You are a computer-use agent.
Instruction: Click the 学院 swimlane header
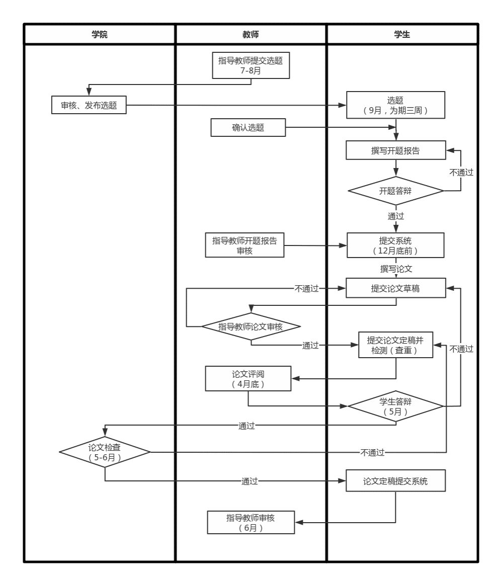click(100, 35)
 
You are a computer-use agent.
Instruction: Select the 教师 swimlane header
click(251, 35)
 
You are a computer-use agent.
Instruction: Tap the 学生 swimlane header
click(402, 35)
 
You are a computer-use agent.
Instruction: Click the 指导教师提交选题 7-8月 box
click(251, 66)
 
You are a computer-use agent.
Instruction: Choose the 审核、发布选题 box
click(89, 105)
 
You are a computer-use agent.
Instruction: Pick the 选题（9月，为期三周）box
click(395, 105)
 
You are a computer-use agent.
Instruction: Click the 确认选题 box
click(248, 128)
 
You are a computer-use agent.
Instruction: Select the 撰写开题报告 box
click(395, 150)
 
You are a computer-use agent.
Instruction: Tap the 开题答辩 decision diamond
click(395, 191)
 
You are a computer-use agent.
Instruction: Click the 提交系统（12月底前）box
click(395, 245)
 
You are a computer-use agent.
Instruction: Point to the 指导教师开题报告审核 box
click(244, 245)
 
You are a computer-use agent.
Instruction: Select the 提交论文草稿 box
click(395, 288)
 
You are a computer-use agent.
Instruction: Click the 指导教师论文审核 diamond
click(251, 326)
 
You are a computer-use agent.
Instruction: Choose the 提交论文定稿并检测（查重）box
click(395, 345)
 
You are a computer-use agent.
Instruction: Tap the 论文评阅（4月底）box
click(248, 379)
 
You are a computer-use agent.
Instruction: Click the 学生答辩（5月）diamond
click(395, 406)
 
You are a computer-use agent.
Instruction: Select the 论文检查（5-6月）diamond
click(105, 452)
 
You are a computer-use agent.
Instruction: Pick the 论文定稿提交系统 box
click(395, 481)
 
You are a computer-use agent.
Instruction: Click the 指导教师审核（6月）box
click(251, 523)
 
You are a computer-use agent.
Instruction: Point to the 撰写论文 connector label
click(396, 269)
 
